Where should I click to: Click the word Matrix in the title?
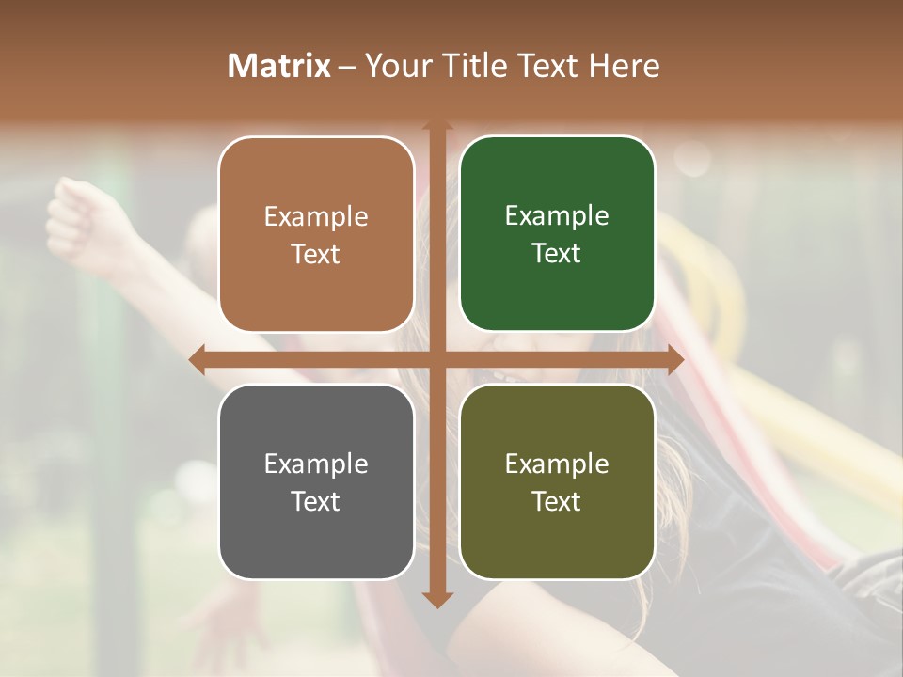(x=278, y=66)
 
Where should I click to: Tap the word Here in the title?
(x=624, y=66)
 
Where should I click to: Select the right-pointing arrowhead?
(x=675, y=359)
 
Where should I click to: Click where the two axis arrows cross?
(x=437, y=359)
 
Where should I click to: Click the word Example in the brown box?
(x=316, y=216)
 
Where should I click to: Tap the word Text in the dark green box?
(x=557, y=253)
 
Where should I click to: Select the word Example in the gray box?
(x=316, y=464)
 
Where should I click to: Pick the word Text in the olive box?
(x=557, y=501)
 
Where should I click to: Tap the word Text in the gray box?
(x=316, y=501)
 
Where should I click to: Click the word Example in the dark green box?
(x=557, y=215)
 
